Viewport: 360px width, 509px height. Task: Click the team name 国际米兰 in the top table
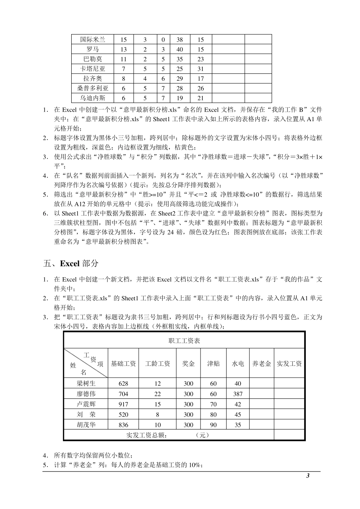point(92,39)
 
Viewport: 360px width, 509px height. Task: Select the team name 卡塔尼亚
point(92,69)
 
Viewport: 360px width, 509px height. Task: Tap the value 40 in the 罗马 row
point(180,49)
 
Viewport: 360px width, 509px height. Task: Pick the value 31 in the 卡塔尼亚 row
point(200,69)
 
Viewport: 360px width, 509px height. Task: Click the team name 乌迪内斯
point(92,98)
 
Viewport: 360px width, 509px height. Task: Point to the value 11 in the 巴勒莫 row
point(124,59)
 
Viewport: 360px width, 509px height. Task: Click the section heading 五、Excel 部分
point(71,263)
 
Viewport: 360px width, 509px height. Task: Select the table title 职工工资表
point(184,341)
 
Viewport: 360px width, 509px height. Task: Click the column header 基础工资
point(123,364)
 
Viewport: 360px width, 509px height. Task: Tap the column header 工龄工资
point(158,364)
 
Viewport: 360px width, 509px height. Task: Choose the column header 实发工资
point(289,364)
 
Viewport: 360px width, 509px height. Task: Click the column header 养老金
point(261,364)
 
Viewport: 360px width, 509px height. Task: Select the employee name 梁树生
point(86,383)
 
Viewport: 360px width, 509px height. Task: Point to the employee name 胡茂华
point(86,425)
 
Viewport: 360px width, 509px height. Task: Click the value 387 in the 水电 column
point(238,394)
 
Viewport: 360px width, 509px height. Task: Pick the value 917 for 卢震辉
point(123,404)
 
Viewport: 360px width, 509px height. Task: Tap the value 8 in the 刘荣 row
point(158,415)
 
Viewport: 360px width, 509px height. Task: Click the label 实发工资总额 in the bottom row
point(146,435)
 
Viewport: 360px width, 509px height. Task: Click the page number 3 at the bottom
point(308,476)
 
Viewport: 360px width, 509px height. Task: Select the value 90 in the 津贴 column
point(213,425)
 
